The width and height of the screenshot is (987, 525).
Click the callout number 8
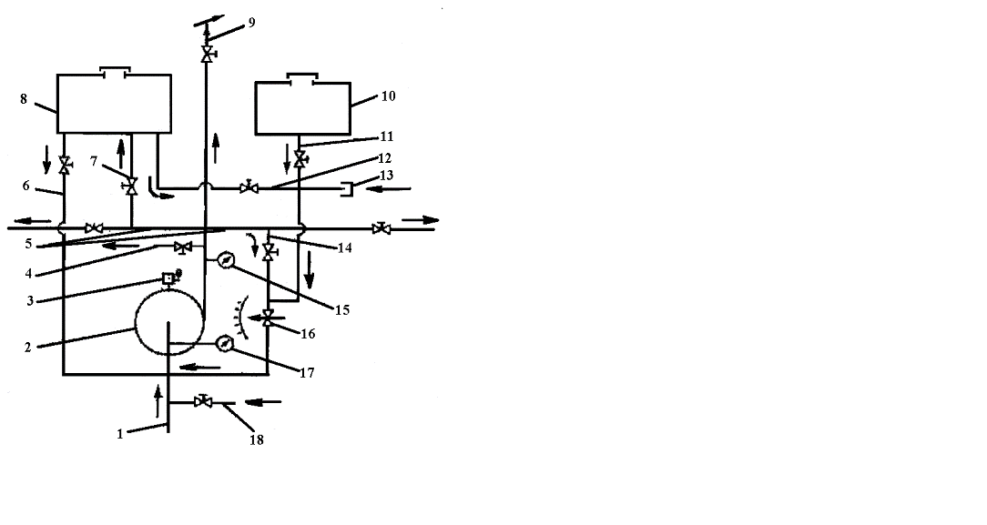point(24,98)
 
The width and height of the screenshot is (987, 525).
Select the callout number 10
point(389,96)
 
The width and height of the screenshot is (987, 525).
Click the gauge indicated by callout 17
point(224,344)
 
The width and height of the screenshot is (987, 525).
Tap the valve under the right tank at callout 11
point(300,157)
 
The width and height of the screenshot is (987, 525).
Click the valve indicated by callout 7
point(131,186)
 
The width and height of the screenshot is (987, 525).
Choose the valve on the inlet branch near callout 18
point(203,400)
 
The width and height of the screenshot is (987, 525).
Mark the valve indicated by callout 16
point(269,318)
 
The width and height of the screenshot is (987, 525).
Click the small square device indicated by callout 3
point(169,278)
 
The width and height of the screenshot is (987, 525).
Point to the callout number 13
point(386,175)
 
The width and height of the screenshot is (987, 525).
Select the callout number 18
point(256,440)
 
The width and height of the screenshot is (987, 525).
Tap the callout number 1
point(119,434)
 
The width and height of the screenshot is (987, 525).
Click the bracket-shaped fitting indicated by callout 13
point(346,188)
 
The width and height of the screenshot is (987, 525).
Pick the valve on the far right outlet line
point(381,228)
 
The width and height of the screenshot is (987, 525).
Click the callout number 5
point(28,244)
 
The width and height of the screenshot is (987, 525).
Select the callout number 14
point(344,247)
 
